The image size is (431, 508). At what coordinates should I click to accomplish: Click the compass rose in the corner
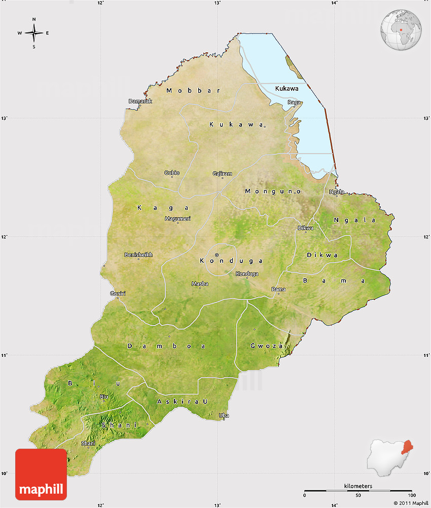tap(34, 33)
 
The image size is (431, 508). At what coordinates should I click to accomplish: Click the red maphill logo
tap(41, 475)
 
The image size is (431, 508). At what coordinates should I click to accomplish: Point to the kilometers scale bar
tap(358, 490)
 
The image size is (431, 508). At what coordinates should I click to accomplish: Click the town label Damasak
tap(140, 101)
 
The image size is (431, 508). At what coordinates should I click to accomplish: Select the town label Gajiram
tap(222, 174)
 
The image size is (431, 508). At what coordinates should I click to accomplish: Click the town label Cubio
tap(172, 173)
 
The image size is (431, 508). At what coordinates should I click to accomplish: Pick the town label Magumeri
tap(177, 219)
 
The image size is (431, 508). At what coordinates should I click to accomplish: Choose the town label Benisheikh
tap(138, 255)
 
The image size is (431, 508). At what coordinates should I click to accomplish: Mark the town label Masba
tap(200, 284)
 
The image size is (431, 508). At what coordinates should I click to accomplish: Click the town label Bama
tap(278, 289)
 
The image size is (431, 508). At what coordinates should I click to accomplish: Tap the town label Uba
tap(224, 416)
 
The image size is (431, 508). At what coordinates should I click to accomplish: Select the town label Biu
tap(104, 396)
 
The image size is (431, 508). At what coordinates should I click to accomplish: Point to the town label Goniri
tap(118, 294)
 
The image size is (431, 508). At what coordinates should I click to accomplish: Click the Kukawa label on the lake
tap(287, 89)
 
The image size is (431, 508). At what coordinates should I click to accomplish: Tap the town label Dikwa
tap(305, 228)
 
